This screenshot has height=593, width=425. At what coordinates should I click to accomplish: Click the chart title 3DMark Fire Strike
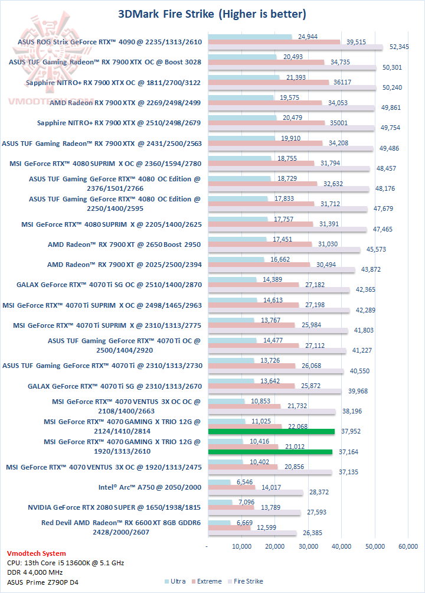[x=212, y=14]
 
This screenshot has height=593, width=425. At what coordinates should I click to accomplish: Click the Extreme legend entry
[x=208, y=581]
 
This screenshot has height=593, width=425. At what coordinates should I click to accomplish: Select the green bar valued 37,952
[x=271, y=431]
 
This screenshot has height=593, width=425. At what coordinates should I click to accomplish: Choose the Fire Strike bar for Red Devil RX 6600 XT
[x=251, y=533]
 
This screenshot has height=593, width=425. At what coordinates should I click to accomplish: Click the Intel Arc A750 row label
[x=150, y=487]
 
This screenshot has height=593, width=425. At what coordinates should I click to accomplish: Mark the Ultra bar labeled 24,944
[x=250, y=37]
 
